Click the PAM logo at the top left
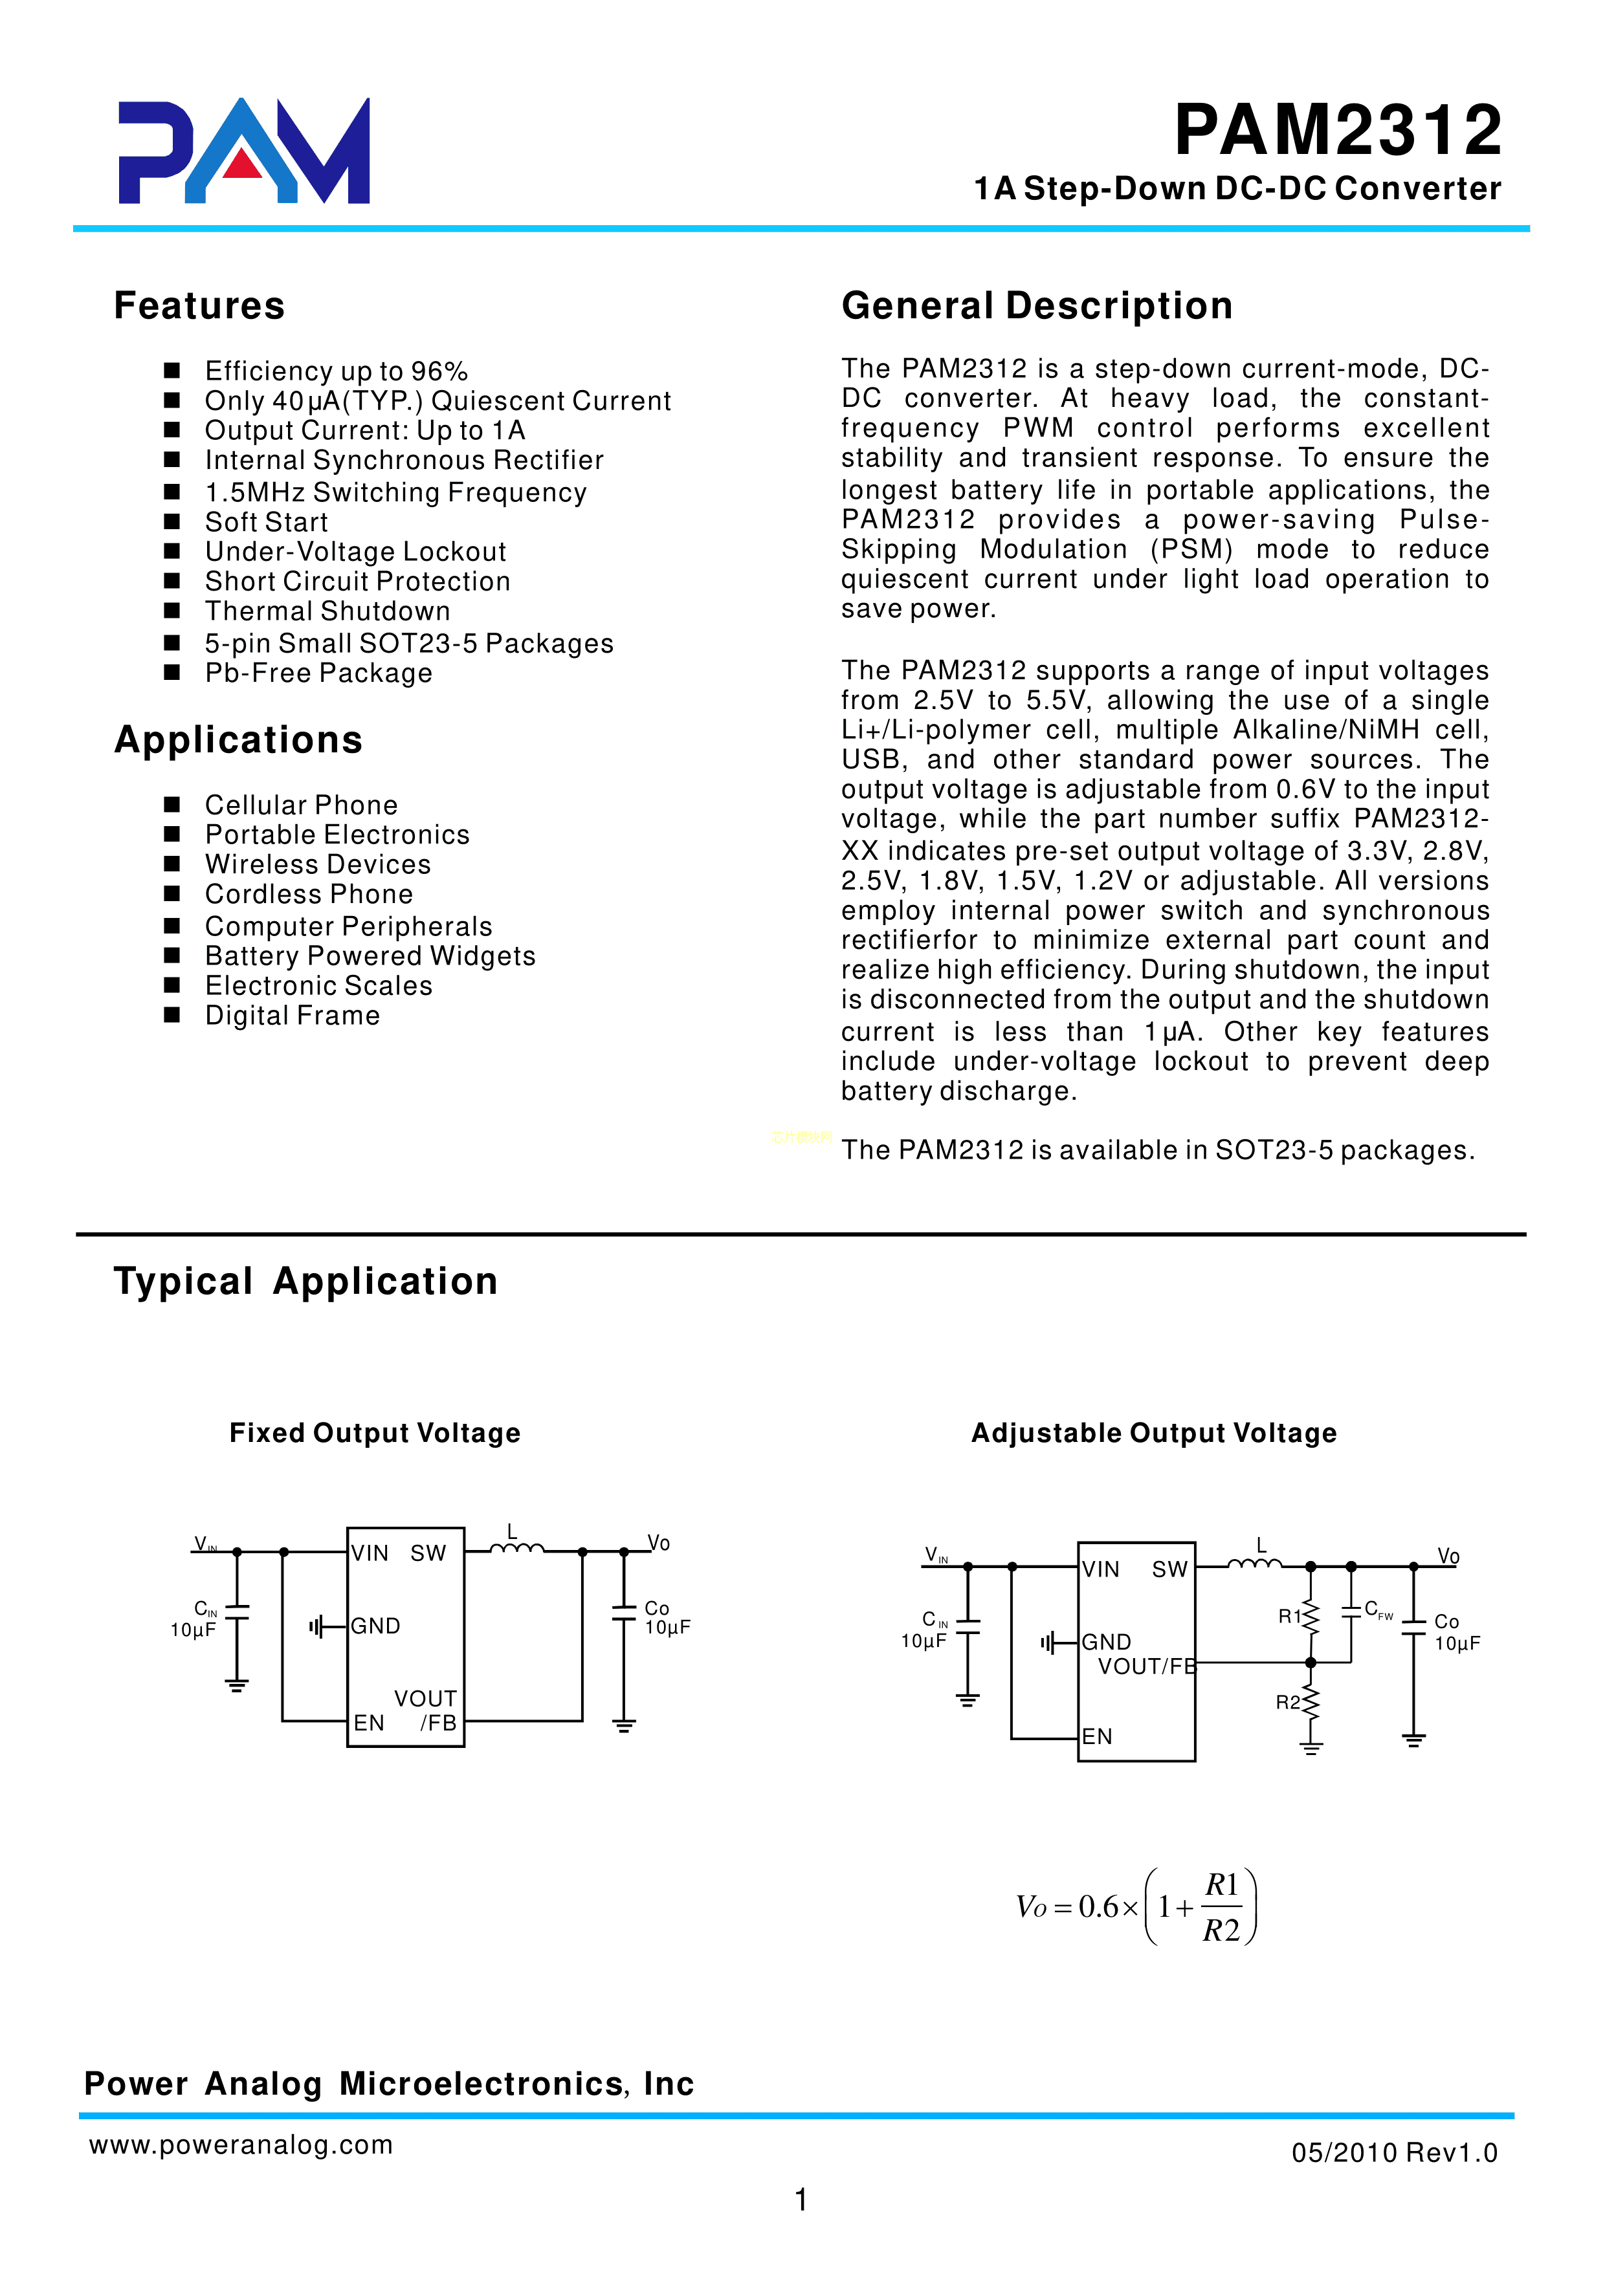[243, 151]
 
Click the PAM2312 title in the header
[1337, 131]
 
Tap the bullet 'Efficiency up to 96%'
[335, 371]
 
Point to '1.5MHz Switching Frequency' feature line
[395, 492]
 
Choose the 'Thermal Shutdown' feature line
[327, 611]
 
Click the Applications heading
[238, 739]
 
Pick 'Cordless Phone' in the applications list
[309, 894]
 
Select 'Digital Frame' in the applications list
[292, 1016]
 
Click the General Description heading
[1036, 305]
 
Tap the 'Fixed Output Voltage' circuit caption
[375, 1433]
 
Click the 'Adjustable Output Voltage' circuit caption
[1153, 1433]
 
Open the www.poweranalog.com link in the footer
[240, 2144]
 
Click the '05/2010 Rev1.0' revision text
[1393, 2152]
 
